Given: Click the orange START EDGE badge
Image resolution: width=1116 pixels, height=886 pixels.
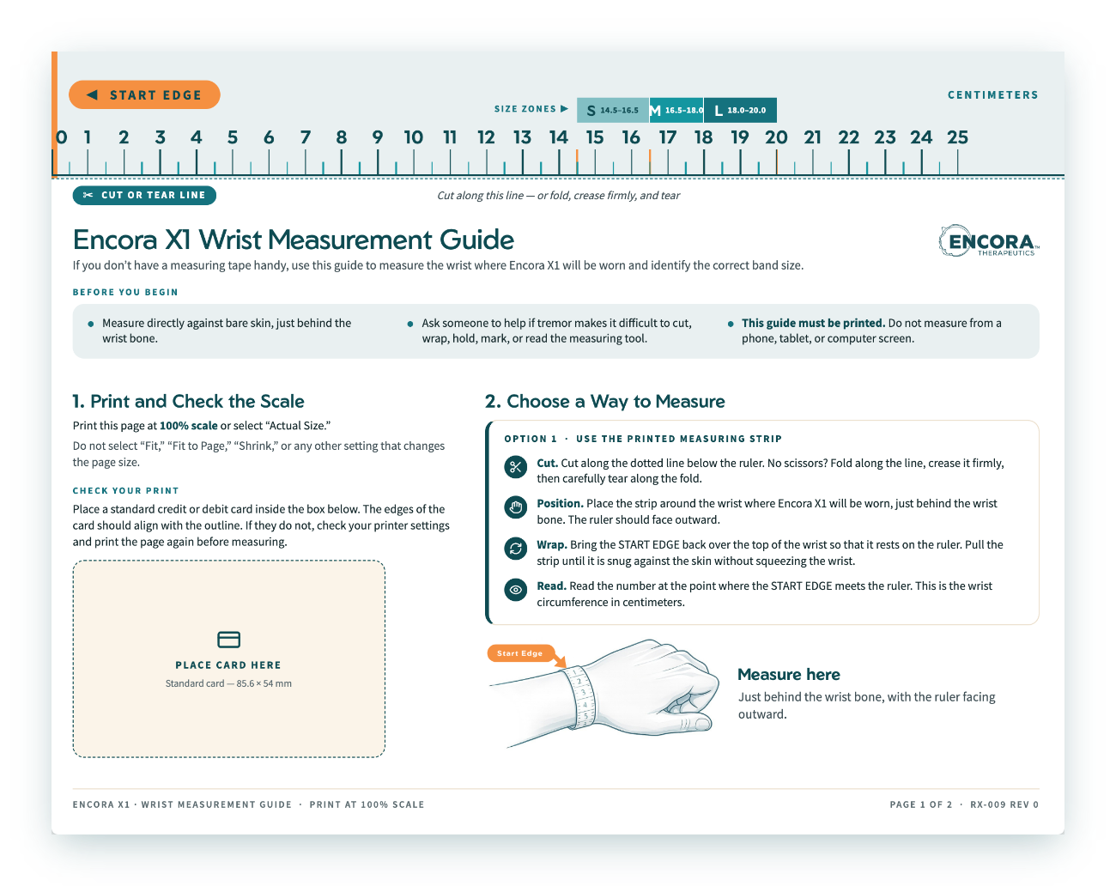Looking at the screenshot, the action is click(144, 95).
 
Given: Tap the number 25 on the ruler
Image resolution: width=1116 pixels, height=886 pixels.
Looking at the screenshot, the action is click(957, 137).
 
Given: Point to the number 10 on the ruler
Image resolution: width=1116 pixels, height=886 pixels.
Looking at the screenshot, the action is click(413, 137).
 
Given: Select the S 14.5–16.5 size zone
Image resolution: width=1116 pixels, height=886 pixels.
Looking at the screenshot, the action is click(612, 110).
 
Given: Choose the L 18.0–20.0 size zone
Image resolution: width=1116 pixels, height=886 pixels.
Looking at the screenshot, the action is click(740, 110).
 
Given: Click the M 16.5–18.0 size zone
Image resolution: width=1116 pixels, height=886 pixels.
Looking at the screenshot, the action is click(676, 110).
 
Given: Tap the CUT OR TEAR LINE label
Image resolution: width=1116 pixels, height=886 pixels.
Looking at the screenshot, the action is click(144, 195).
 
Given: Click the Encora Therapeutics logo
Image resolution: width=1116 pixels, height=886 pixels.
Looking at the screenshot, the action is click(989, 241).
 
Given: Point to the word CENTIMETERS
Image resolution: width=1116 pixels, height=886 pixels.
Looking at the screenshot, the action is click(993, 95).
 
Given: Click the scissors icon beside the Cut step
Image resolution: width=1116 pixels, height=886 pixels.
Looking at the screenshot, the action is click(515, 467).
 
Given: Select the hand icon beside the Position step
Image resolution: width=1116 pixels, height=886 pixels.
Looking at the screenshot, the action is click(515, 507).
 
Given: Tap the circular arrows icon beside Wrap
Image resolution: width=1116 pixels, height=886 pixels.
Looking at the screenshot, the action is click(515, 549).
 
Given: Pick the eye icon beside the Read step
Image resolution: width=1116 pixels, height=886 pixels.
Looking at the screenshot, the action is click(515, 590).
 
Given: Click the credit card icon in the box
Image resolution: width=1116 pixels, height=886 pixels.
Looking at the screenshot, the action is click(228, 639).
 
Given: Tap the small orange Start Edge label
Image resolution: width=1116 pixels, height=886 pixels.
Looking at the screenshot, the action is click(520, 653).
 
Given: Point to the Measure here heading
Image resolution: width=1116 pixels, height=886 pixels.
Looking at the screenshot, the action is click(789, 674).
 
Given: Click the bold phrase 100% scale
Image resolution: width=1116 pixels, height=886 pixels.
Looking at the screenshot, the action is click(188, 425).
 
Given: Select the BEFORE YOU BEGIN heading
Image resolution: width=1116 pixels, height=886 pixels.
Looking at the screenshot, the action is click(125, 292).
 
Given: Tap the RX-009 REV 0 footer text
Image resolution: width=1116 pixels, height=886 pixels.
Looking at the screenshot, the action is click(1004, 804).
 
